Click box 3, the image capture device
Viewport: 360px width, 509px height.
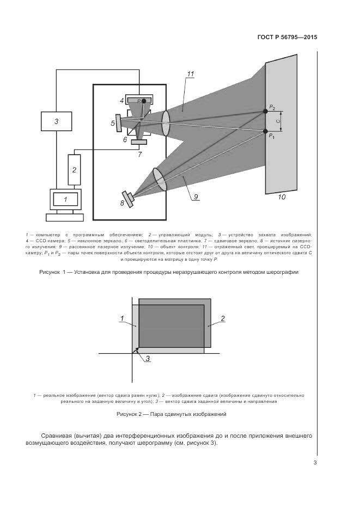click(56, 121)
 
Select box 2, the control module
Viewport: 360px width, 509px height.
click(74, 169)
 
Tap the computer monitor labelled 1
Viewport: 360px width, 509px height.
click(65, 199)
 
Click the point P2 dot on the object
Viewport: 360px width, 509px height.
click(265, 111)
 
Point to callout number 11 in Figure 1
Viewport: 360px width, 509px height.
click(190, 75)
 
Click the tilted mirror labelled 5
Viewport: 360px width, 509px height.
click(119, 123)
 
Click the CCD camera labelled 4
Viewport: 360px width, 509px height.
click(139, 100)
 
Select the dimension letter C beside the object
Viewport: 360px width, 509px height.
click(278, 121)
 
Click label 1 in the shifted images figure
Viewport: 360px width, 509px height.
click(123, 318)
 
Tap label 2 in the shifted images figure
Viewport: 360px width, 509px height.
click(222, 318)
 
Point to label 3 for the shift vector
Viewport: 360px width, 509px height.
click(147, 358)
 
